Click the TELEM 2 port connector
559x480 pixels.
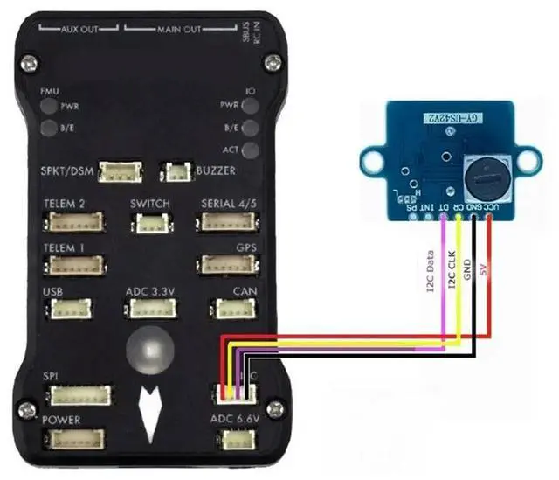(73, 222)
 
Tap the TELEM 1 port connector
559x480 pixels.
(73, 265)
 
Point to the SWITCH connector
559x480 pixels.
(150, 223)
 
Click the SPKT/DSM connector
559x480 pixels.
(121, 171)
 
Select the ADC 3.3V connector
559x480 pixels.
(150, 309)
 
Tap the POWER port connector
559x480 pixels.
(73, 438)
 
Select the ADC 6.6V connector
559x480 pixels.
(233, 439)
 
